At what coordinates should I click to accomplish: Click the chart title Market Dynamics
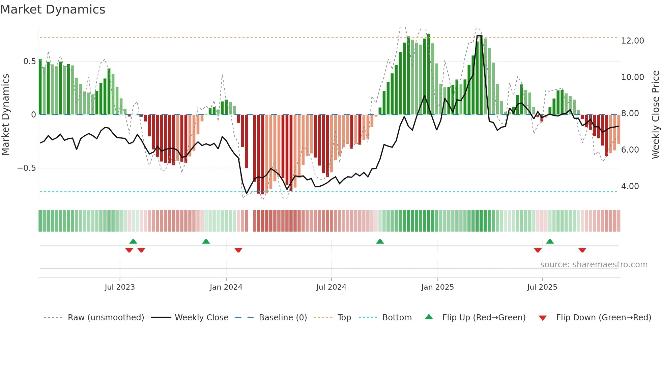coord(53,9)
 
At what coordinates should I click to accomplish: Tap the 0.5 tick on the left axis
coord(29,61)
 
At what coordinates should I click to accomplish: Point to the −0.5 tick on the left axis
coord(27,168)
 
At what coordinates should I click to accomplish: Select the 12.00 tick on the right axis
coord(632,41)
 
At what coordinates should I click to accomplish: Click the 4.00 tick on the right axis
coord(630,186)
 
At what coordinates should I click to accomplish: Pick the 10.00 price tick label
coord(632,77)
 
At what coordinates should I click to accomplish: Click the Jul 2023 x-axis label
coord(120,287)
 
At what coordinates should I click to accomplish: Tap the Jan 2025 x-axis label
coord(437,287)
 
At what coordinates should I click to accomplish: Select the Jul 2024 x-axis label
coord(331,287)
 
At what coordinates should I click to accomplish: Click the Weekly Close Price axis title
coord(655,115)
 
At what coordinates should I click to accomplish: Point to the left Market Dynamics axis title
coord(5,115)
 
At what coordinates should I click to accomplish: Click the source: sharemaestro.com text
coord(594,265)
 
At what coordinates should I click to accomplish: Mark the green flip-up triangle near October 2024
coord(380,241)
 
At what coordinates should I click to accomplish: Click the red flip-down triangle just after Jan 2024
coord(238,250)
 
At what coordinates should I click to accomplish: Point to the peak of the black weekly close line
coord(479,36)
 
